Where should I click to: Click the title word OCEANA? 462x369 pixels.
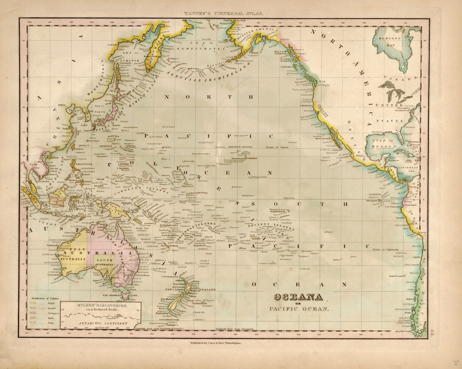pyautogui.click(x=298, y=298)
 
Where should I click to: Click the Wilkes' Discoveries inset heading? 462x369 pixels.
pyautogui.click(x=99, y=307)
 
